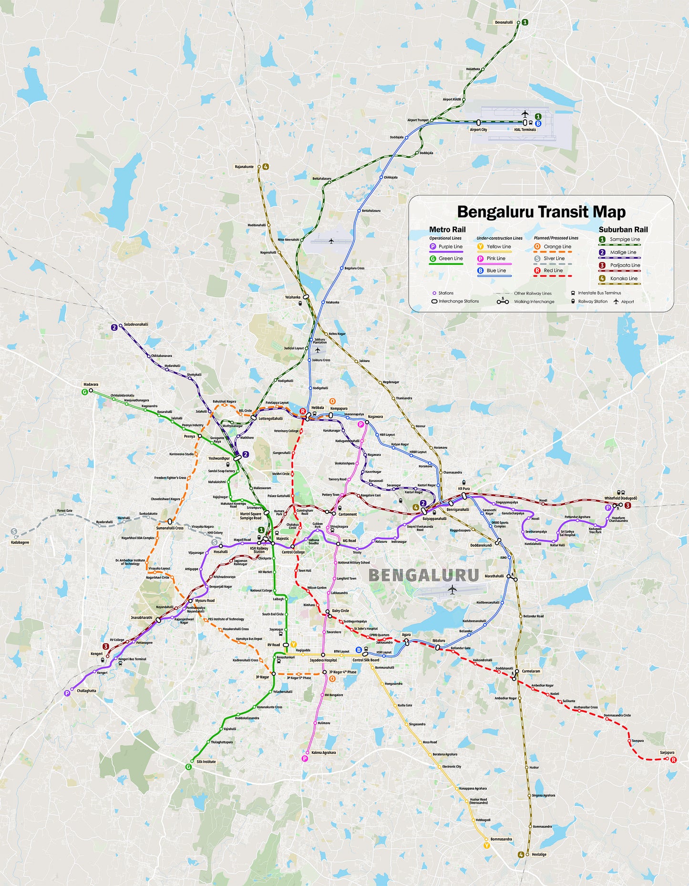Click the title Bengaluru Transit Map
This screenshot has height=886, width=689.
click(x=541, y=211)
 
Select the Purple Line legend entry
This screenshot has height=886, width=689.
click(x=450, y=247)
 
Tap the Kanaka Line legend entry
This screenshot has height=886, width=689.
click(x=623, y=279)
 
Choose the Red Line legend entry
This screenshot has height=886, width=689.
click(x=553, y=271)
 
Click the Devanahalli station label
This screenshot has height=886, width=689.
click(x=504, y=22)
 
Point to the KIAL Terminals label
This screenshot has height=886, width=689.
click(x=524, y=130)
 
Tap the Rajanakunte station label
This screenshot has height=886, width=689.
click(x=244, y=167)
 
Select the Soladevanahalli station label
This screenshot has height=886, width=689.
click(x=136, y=324)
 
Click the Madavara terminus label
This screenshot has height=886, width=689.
click(x=91, y=384)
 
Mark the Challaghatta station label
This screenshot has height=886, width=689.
click(x=86, y=690)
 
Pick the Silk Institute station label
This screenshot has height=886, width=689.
click(x=206, y=761)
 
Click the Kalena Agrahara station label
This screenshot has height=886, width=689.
click(x=324, y=753)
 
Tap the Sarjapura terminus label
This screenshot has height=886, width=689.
click(x=667, y=753)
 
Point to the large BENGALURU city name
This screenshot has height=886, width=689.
click(x=423, y=575)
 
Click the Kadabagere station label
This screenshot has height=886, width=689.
click(x=20, y=542)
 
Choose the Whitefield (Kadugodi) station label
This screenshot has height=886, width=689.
click(x=620, y=498)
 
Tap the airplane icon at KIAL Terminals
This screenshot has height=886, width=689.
click(x=525, y=114)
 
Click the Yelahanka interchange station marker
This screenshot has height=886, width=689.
click(x=306, y=296)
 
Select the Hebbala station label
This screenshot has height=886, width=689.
click(x=318, y=408)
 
